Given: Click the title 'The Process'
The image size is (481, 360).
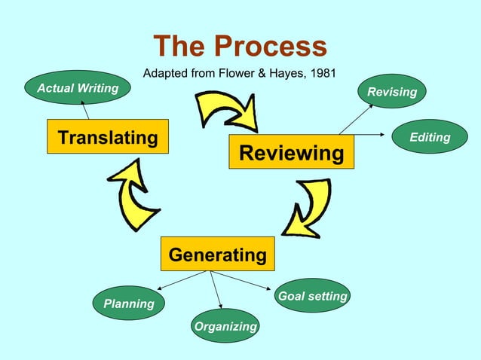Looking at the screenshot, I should (240, 47).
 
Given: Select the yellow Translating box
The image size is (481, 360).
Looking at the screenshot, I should (108, 137).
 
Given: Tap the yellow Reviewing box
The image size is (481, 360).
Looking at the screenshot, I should (291, 154).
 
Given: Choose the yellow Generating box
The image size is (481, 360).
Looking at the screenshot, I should (217, 255).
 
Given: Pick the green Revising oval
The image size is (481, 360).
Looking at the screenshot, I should (392, 92).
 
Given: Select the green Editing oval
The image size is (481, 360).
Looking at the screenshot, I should (429, 137).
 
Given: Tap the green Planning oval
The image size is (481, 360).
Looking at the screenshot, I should (129, 304).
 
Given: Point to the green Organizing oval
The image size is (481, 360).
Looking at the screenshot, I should (225, 326).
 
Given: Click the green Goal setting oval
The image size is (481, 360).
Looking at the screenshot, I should (312, 296).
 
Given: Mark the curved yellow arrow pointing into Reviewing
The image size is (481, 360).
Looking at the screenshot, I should (226, 111).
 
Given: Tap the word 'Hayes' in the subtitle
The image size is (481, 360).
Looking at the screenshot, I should (286, 73).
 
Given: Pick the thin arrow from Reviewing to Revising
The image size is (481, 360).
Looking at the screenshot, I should (356, 119).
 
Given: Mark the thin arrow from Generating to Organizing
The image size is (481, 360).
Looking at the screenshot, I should (216, 289).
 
